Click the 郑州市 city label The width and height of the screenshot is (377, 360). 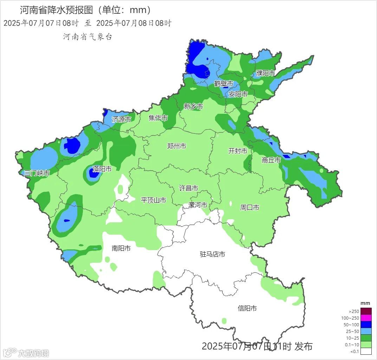pyautogui.click(x=177, y=146)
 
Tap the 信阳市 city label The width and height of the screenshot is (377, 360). pyautogui.click(x=247, y=308)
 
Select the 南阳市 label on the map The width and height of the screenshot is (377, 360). pyautogui.click(x=121, y=248)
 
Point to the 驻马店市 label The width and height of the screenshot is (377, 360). pyautogui.click(x=212, y=254)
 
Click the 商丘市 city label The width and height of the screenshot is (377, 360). pyautogui.click(x=271, y=160)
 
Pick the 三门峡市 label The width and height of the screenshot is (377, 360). pyautogui.click(x=37, y=173)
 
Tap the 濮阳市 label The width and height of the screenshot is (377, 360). pyautogui.click(x=266, y=73)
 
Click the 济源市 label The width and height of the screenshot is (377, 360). pyautogui.click(x=122, y=119)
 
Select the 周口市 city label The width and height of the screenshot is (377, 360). pyautogui.click(x=249, y=208)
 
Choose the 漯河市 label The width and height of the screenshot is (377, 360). pyautogui.click(x=198, y=205)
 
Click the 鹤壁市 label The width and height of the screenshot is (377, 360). pyautogui.click(x=224, y=84)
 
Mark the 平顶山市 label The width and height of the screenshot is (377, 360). pyautogui.click(x=154, y=200)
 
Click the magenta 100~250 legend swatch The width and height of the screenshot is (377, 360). pyautogui.click(x=366, y=318)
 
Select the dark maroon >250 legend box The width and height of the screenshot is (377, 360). pyautogui.click(x=366, y=311)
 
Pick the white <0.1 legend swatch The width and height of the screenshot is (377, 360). pyautogui.click(x=366, y=351)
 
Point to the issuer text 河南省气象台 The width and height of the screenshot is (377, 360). pyautogui.click(x=87, y=37)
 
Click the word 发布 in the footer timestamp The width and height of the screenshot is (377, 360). pyautogui.click(x=304, y=347)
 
